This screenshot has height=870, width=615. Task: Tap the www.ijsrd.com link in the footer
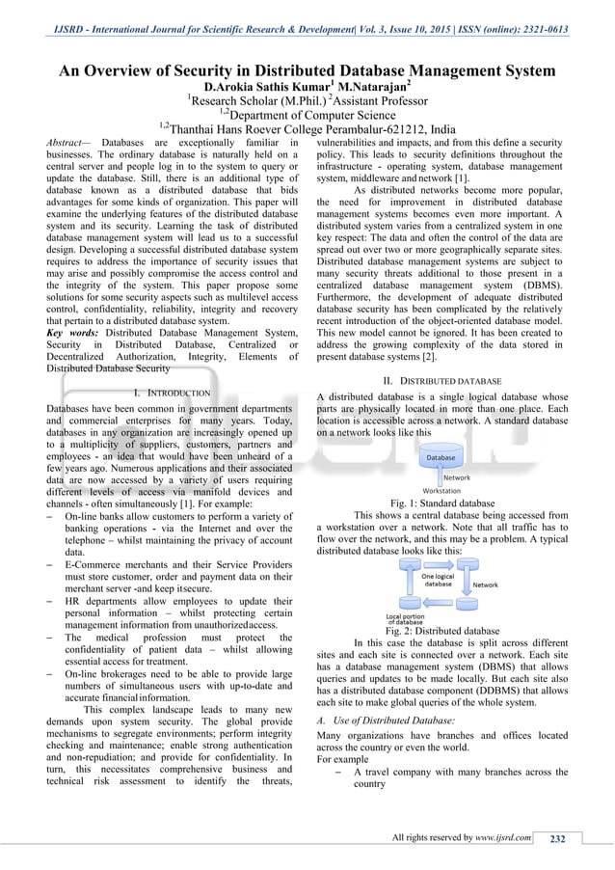[x=503, y=837]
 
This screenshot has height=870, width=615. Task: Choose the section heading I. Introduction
[x=172, y=393]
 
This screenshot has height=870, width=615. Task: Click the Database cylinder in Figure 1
[x=441, y=457]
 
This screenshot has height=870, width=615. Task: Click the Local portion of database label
[x=405, y=618]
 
